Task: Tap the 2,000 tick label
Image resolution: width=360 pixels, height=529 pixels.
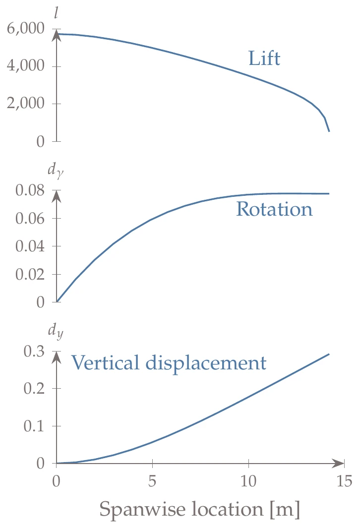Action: click(x=26, y=104)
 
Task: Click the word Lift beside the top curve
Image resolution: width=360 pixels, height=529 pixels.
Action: click(x=264, y=59)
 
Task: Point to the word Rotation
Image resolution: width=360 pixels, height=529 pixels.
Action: click(x=274, y=209)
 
